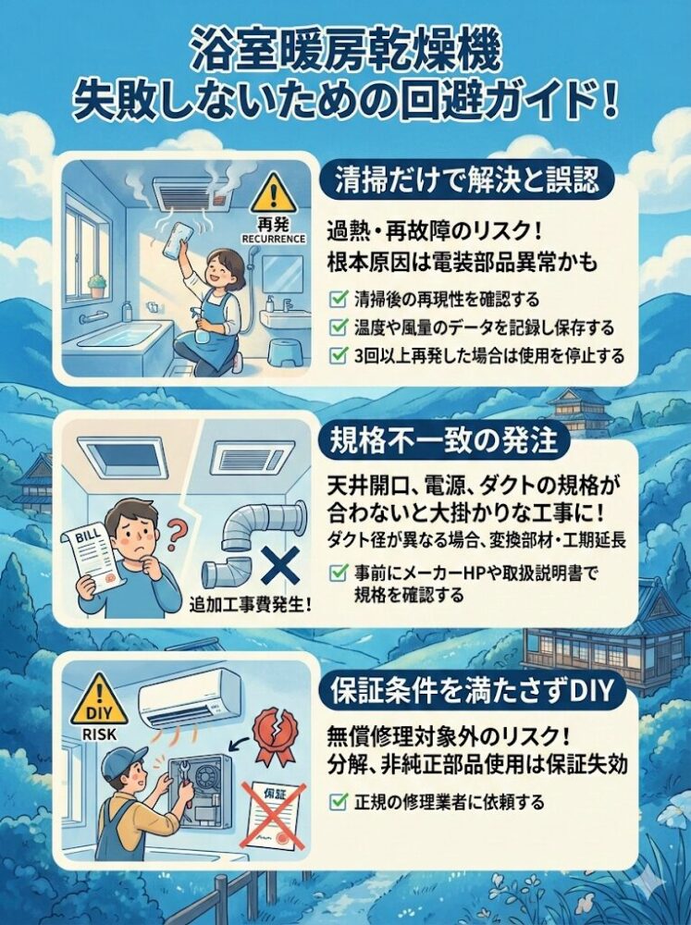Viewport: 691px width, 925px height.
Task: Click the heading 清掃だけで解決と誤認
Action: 467,180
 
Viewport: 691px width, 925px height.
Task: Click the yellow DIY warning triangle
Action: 99,701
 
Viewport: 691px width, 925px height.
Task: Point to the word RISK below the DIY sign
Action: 99,735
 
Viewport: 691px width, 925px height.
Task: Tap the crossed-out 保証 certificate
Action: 275,818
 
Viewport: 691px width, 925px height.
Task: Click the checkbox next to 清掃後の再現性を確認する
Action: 339,299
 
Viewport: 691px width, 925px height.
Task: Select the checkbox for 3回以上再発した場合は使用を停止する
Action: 339,355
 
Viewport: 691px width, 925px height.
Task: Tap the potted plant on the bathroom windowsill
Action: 97,286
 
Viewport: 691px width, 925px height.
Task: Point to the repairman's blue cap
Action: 123,761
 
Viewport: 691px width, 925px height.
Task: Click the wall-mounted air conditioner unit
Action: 190,699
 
